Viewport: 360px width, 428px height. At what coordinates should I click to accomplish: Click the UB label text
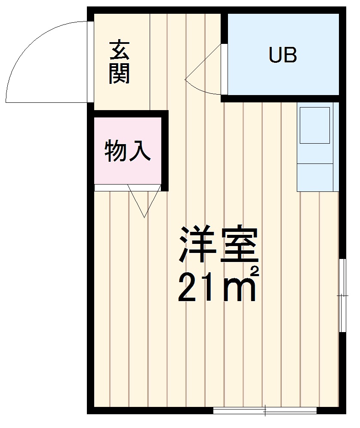pyautogui.click(x=283, y=55)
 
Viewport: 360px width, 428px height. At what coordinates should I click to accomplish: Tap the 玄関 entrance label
pyautogui.click(x=119, y=62)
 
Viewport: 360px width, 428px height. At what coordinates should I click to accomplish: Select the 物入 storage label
pyautogui.click(x=128, y=151)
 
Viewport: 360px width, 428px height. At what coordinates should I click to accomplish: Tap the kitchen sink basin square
pyautogui.click(x=314, y=125)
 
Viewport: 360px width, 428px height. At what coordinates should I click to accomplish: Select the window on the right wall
pyautogui.click(x=342, y=296)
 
